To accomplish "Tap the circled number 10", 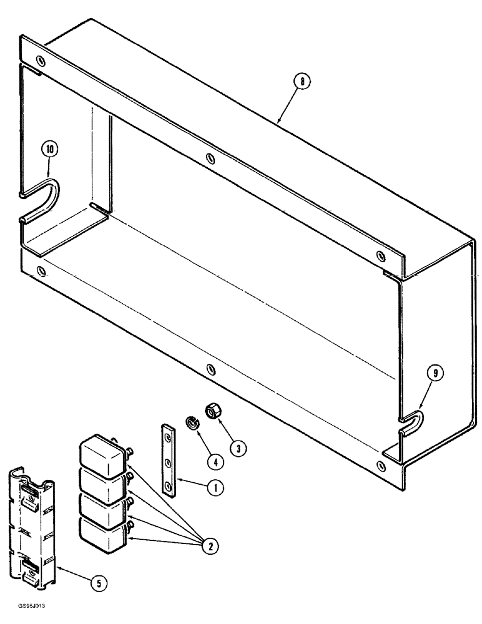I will point(50,149).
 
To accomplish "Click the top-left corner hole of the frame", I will point(41,61).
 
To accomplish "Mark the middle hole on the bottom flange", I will point(210,369).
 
